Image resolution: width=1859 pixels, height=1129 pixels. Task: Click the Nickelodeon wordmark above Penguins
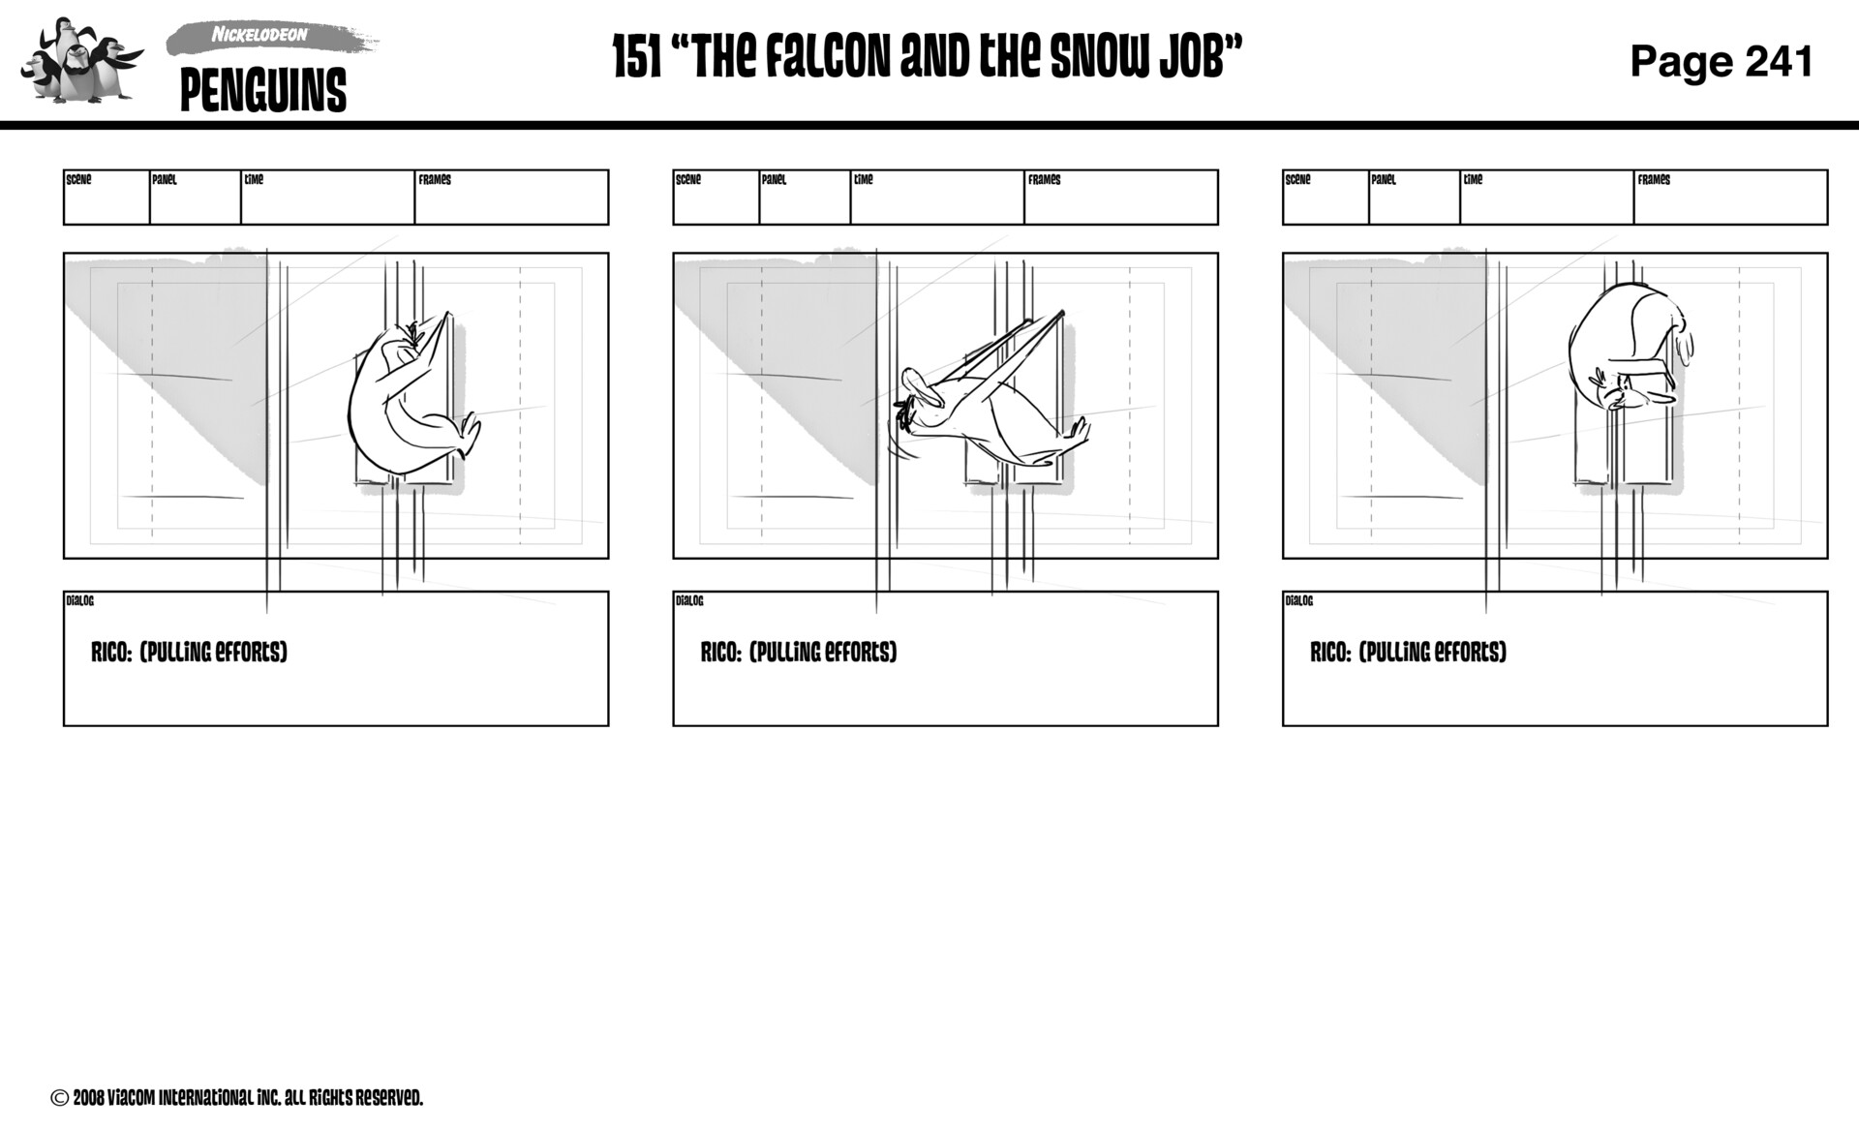tap(259, 35)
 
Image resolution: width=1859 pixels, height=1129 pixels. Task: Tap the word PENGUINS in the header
tap(262, 91)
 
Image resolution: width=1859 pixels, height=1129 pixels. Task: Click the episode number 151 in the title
tap(637, 57)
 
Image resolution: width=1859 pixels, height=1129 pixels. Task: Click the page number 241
tap(1780, 61)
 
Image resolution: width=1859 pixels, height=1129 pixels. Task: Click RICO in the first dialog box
tap(110, 653)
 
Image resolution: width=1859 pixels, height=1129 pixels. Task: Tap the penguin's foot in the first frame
tap(470, 434)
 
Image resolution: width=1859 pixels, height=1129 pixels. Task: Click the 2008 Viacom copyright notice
tap(237, 1098)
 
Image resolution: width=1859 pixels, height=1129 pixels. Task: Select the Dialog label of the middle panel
tap(689, 601)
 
